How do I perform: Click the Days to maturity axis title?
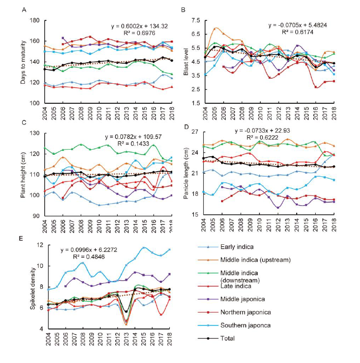(23, 62)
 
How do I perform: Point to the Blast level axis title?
(186, 62)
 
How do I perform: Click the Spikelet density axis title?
(32, 288)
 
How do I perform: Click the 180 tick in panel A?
(35, 21)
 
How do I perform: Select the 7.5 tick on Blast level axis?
(195, 21)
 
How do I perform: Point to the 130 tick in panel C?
(35, 133)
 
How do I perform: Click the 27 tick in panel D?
(195, 132)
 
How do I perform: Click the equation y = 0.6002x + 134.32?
(139, 26)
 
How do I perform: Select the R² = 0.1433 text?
(133, 144)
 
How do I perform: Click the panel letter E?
(21, 238)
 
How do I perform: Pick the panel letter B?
(183, 10)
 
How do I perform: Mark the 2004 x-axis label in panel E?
(48, 339)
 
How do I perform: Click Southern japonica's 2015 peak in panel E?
(143, 247)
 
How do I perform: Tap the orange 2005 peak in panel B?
(215, 28)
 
